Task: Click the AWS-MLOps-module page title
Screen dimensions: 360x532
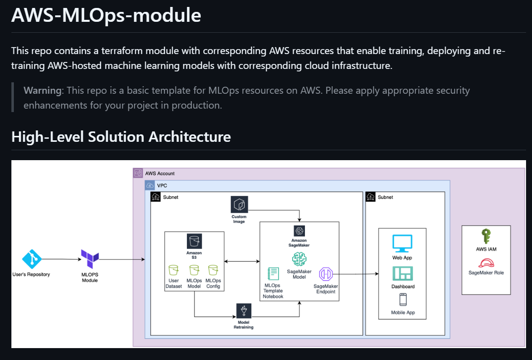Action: [106, 15]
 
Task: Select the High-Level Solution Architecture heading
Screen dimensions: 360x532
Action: [121, 136]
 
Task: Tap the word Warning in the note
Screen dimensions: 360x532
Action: [43, 91]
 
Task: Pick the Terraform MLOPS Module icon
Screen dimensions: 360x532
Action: [90, 257]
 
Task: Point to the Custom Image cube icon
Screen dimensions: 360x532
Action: [239, 204]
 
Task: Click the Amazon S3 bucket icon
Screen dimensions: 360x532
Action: [194, 241]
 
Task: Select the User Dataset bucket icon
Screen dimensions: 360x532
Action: [174, 270]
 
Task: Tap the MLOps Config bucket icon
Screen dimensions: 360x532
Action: [213, 270]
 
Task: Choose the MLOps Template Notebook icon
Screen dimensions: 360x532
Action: [273, 274]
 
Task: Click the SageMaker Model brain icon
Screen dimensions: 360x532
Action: [299, 259]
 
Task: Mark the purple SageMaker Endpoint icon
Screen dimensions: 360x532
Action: [326, 274]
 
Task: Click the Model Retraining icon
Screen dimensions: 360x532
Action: [243, 310]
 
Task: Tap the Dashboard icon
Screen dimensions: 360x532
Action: [402, 274]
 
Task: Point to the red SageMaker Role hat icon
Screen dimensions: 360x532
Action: [486, 263]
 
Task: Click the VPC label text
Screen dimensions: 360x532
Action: [162, 185]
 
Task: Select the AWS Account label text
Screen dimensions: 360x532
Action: [160, 174]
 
